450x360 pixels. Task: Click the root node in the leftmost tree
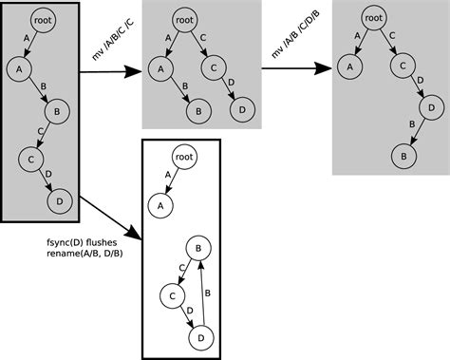coord(41,20)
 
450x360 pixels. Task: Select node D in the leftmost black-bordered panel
coord(60,200)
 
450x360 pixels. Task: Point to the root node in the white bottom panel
coord(184,159)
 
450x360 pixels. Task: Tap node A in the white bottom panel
coord(161,203)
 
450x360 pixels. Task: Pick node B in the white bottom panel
coord(197,248)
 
